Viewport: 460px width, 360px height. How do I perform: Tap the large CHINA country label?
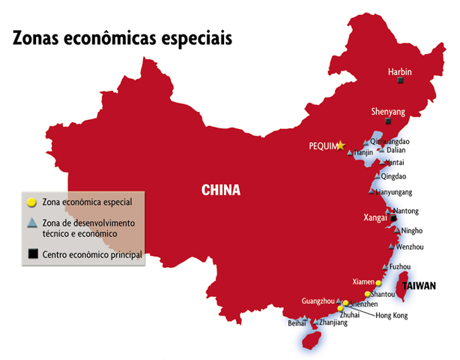click(221, 190)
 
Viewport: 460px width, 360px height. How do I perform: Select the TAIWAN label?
click(420, 286)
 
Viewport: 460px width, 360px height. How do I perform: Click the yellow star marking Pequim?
click(342, 145)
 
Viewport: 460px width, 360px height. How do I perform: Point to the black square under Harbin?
click(400, 80)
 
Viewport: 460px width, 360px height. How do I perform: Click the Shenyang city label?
click(388, 112)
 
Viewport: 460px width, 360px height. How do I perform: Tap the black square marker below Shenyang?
click(387, 121)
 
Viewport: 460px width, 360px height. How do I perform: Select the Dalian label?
click(396, 150)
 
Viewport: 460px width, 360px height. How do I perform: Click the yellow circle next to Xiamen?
click(378, 283)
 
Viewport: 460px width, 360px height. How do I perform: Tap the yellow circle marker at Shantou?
click(368, 294)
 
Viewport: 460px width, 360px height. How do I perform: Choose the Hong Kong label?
click(391, 316)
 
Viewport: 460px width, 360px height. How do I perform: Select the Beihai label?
click(297, 323)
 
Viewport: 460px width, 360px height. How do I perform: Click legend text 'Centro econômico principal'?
click(91, 255)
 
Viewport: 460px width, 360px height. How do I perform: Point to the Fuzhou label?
click(400, 266)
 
